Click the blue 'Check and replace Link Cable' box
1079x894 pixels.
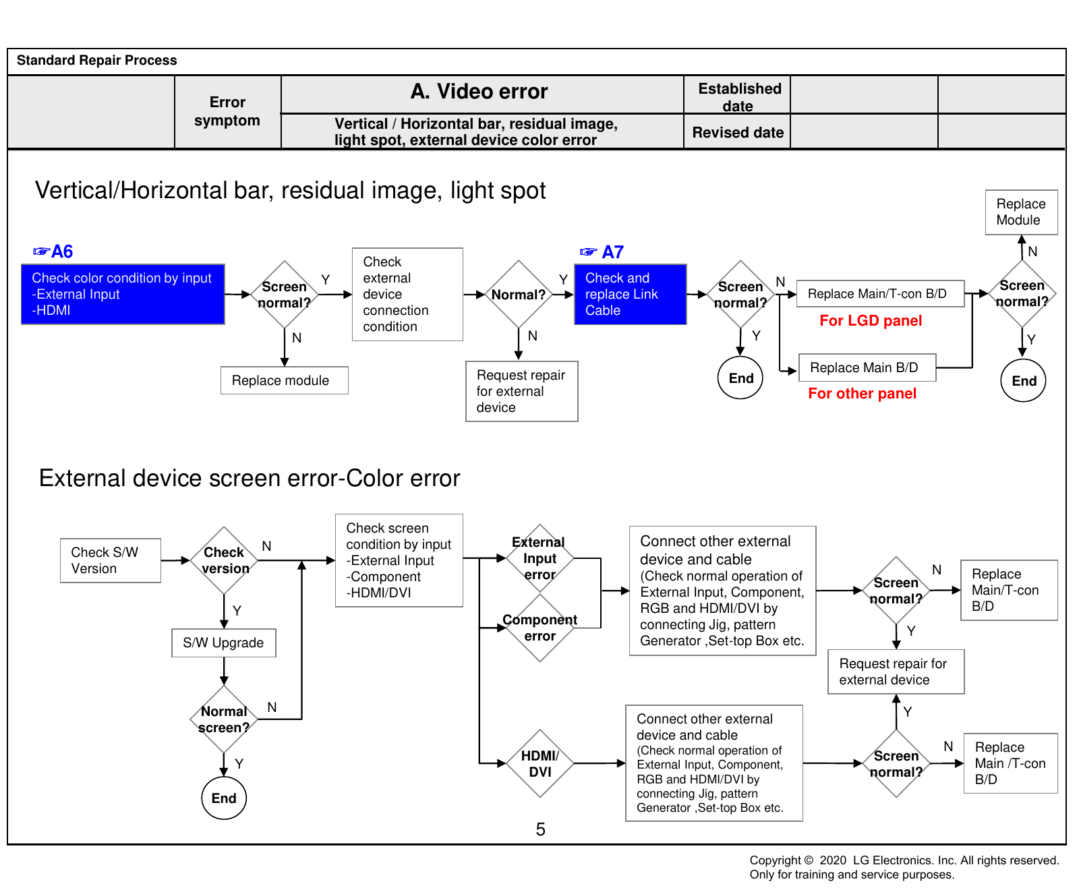631,295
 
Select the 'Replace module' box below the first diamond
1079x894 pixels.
285,380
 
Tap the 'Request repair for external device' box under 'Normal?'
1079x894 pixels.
522,391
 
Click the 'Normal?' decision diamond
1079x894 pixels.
519,295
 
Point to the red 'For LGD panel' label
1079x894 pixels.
871,321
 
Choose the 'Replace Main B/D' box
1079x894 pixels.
868,367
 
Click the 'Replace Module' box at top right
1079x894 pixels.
1022,212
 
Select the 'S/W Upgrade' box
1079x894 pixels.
224,643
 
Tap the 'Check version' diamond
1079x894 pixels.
225,560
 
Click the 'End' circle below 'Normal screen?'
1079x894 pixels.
224,798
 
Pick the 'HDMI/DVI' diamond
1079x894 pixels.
540,764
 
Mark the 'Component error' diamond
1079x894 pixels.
540,628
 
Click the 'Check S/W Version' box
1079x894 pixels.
111,560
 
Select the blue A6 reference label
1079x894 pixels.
53,251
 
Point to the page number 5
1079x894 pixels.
540,829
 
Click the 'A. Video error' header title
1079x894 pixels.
479,92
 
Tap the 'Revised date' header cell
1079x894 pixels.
738,132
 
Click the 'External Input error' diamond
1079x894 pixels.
539,558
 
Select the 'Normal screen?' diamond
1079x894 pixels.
224,719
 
